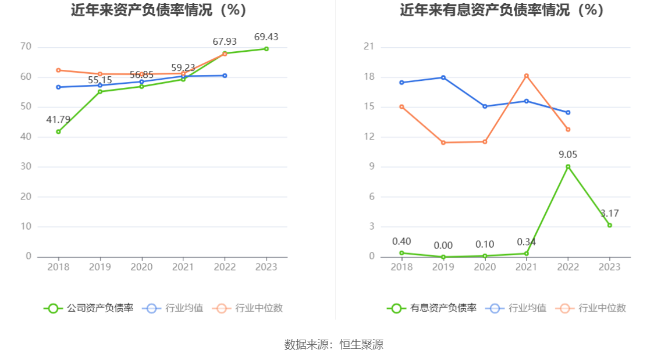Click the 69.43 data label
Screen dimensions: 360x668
click(266, 37)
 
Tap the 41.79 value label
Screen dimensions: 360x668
click(58, 120)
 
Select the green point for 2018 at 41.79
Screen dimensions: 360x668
click(58, 131)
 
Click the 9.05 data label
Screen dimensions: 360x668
click(568, 155)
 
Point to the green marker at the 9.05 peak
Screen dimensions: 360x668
click(568, 167)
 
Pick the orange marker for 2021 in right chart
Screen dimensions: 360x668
click(526, 76)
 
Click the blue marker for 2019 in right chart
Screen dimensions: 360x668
click(443, 77)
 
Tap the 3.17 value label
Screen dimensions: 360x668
click(609, 213)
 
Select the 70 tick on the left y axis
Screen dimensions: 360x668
click(26, 47)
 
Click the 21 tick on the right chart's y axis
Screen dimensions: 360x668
click(368, 47)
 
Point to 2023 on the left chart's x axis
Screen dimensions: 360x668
click(266, 267)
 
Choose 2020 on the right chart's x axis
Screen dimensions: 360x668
click(485, 267)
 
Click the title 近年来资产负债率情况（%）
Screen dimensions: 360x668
click(159, 10)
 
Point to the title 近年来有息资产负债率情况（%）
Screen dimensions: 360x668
click(502, 10)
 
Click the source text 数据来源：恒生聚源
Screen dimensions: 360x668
click(334, 344)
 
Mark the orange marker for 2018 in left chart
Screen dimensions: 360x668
click(58, 70)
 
